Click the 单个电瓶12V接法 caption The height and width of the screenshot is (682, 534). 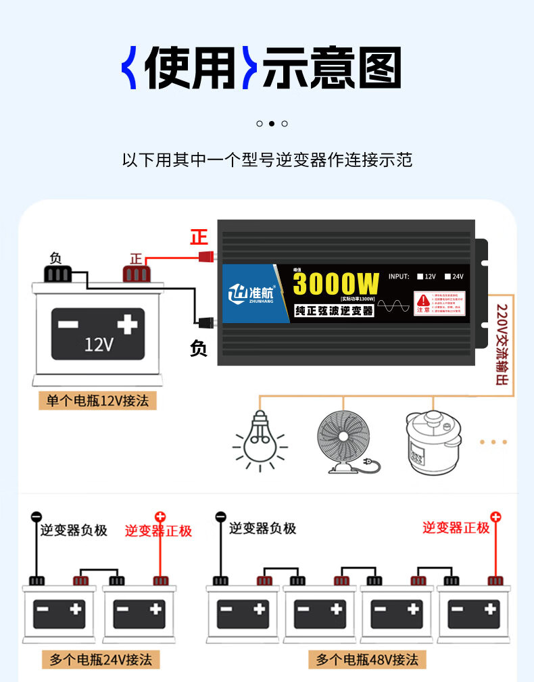pos(97,400)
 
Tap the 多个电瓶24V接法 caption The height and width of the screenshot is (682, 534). pos(101,659)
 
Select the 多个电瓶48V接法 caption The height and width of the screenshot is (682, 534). pos(367,659)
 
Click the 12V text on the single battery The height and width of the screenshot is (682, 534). pos(99,344)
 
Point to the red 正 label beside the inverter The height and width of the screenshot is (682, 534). pos(199,238)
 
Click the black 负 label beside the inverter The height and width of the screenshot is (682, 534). pos(199,349)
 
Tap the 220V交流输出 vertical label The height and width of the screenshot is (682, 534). pos(502,345)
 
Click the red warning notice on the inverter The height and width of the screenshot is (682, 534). pos(439,303)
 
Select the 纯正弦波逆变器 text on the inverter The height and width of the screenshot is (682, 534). pos(334,311)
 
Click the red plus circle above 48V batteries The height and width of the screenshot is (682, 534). pos(495,517)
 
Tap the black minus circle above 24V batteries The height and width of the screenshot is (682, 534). pos(36,517)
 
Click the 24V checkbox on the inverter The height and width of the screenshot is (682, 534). pos(447,276)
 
